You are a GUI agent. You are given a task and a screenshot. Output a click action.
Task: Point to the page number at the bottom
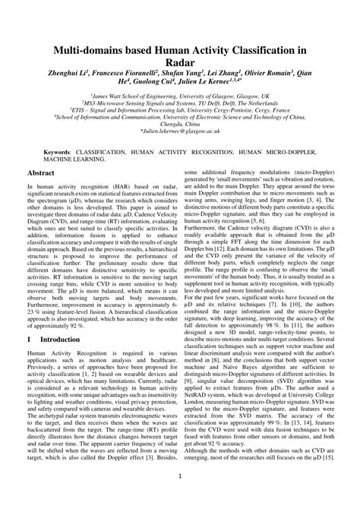tap(179, 478)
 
